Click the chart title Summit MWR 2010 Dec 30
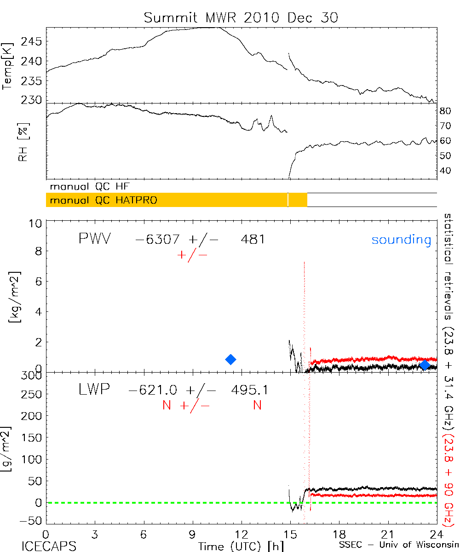coord(241,17)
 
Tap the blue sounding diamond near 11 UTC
coord(231,359)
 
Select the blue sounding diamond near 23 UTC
coord(425,365)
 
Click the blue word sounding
coord(401,240)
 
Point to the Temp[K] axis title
coord(8,65)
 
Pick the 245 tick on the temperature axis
coord(34,42)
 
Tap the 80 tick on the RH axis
coord(446,110)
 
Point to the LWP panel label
coord(94,390)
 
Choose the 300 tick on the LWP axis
coord(34,375)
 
